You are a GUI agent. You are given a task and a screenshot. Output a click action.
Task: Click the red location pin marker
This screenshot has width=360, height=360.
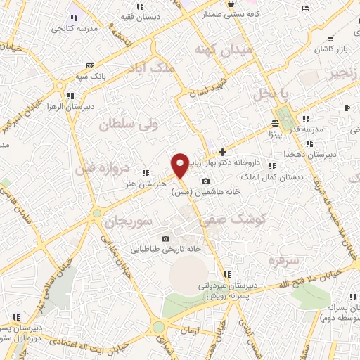181,165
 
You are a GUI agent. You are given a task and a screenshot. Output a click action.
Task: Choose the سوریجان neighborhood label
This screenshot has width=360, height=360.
129,221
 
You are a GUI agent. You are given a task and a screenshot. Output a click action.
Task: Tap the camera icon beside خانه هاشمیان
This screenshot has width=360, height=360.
205,181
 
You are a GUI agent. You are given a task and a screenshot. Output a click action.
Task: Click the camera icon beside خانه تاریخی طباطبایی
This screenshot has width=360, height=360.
165,239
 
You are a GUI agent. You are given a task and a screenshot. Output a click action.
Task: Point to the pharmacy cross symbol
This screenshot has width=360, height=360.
222,151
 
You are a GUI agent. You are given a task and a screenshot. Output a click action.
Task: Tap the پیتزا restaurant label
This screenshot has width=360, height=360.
275,131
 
